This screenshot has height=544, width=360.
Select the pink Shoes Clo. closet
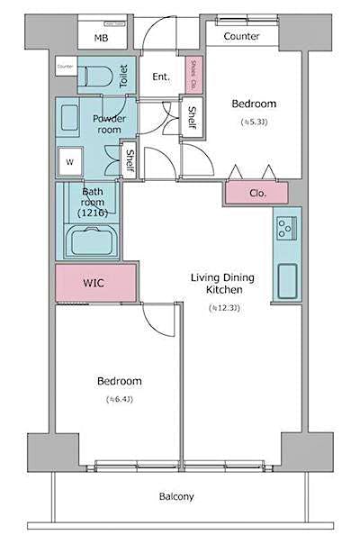point(194,74)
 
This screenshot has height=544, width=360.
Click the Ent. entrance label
point(162,77)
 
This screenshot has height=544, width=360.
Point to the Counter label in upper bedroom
point(241,36)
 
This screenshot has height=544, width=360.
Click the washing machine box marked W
point(68,163)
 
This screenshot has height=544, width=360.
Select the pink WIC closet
point(94,283)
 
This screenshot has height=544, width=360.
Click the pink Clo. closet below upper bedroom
point(256,192)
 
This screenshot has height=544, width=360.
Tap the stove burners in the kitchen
point(287,228)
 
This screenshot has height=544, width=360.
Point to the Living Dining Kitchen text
point(221,284)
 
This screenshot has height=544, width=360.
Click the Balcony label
point(176,496)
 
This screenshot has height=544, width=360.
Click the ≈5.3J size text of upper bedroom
point(252,121)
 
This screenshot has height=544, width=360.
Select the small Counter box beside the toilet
point(65,67)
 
